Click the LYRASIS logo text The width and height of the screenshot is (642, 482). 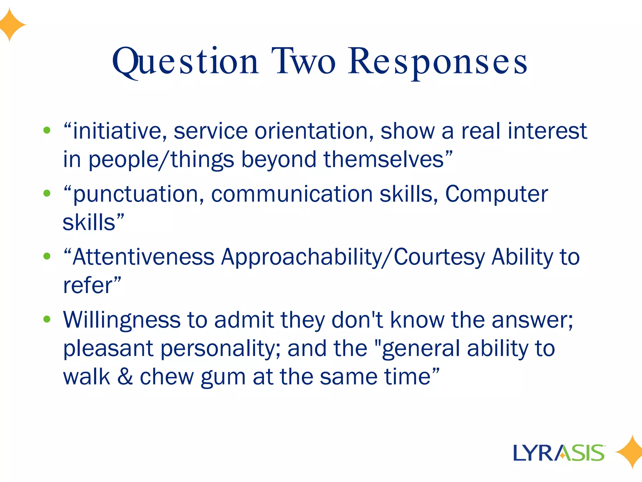(559, 453)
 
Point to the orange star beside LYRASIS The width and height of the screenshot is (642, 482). (629, 452)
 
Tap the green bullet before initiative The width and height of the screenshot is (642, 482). (47, 130)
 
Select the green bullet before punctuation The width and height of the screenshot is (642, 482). (47, 193)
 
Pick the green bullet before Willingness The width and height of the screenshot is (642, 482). (47, 319)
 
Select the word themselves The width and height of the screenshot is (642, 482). (384, 159)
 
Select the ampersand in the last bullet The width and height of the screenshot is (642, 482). (125, 377)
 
